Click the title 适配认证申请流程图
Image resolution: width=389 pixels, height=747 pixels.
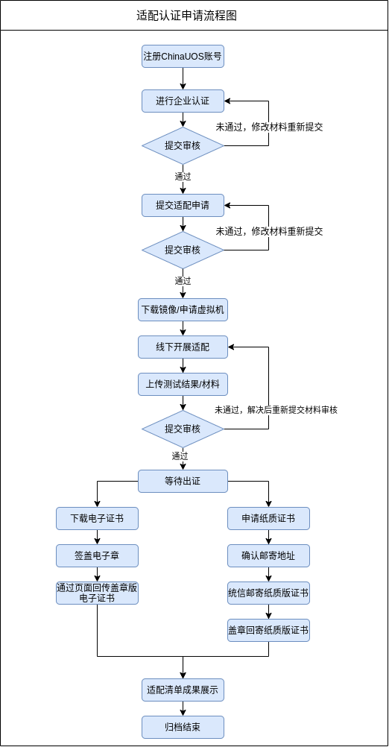pyautogui.click(x=186, y=16)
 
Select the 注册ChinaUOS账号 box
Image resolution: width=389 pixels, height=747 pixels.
pyautogui.click(x=183, y=57)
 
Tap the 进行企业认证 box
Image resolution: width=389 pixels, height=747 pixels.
pyautogui.click(x=183, y=101)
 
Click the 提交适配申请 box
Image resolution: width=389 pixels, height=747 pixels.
pyautogui.click(x=183, y=205)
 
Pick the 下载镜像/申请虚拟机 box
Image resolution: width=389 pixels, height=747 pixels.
pyautogui.click(x=183, y=310)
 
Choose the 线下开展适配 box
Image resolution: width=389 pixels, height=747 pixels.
pyautogui.click(x=183, y=347)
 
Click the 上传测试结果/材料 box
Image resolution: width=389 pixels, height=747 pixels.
pyautogui.click(x=183, y=385)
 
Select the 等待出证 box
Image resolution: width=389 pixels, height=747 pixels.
pyautogui.click(x=183, y=481)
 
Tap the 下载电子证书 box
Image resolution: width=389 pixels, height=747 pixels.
pyautogui.click(x=97, y=518)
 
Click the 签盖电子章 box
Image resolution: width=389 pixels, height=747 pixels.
pyautogui.click(x=97, y=555)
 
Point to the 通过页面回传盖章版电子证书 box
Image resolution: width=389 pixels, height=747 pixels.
pyautogui.click(x=97, y=593)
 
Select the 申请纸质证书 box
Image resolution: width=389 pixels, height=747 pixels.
pyautogui.click(x=268, y=518)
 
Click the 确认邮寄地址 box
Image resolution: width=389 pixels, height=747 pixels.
pyautogui.click(x=268, y=555)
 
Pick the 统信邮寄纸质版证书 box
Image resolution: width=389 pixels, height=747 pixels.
pyautogui.click(x=268, y=593)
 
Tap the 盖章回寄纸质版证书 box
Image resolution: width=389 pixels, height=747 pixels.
pyautogui.click(x=268, y=630)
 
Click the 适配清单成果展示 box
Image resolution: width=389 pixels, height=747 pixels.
pyautogui.click(x=183, y=690)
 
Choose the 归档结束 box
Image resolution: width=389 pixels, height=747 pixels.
pyautogui.click(x=183, y=727)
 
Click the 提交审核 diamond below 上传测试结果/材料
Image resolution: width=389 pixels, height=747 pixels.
pyautogui.click(x=183, y=429)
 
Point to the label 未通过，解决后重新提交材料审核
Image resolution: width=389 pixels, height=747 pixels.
pyautogui.click(x=276, y=410)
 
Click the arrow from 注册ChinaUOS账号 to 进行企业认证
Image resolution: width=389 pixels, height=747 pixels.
pyautogui.click(x=183, y=78)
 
